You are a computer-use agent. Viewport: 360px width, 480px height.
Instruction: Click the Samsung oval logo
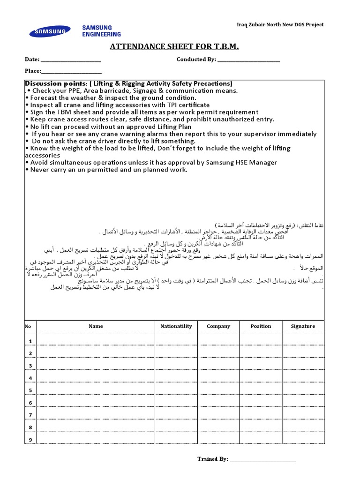[x=50, y=31]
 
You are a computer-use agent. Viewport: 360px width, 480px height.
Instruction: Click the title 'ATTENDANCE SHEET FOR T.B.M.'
[x=174, y=46]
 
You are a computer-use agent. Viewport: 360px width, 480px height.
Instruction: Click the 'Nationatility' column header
[x=176, y=326]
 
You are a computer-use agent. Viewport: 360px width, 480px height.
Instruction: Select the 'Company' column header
[x=218, y=326]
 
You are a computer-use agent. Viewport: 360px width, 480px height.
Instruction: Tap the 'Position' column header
[x=261, y=326]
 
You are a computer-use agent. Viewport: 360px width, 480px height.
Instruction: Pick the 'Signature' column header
[x=303, y=326]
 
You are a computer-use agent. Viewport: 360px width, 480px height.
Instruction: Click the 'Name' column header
[x=96, y=326]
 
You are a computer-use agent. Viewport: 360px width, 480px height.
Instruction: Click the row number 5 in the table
[x=30, y=390]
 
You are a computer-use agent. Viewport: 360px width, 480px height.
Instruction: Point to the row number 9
[x=30, y=440]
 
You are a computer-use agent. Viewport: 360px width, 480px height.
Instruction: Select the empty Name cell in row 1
[x=96, y=340]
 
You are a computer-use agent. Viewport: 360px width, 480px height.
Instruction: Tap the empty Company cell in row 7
[x=218, y=414]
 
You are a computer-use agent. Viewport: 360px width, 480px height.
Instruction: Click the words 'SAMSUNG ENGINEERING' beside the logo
[x=101, y=31]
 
